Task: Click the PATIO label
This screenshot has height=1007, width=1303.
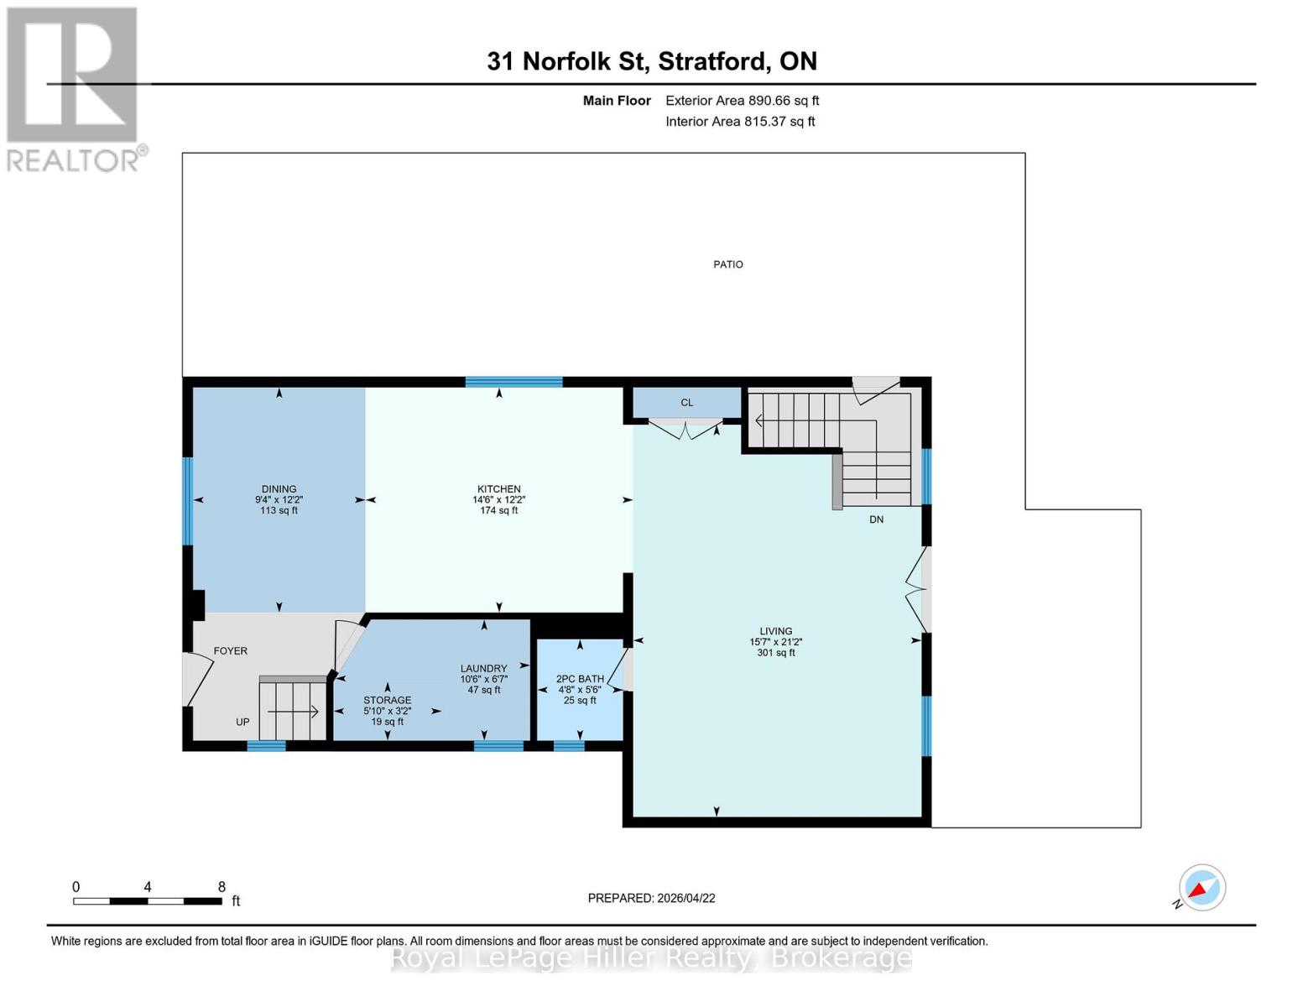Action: [727, 264]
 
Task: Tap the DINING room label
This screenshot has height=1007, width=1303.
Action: [279, 489]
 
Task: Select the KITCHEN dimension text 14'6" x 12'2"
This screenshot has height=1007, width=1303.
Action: [498, 500]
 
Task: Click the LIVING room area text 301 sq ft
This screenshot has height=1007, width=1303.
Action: [775, 653]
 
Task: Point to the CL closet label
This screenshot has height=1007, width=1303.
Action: [686, 403]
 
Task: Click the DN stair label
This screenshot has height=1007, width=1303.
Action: [876, 519]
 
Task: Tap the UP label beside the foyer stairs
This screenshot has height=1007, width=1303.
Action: [242, 722]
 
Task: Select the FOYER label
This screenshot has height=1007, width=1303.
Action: [230, 651]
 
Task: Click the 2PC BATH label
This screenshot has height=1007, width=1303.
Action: [580, 679]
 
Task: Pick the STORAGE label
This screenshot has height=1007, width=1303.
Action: [387, 700]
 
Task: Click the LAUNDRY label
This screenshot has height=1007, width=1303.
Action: [483, 669]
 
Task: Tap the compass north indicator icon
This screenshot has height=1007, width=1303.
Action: [1201, 888]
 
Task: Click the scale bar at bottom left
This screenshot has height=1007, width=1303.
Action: [148, 901]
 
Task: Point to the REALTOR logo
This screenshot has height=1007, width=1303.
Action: [74, 88]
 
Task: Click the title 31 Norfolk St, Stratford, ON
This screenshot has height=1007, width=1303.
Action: [652, 61]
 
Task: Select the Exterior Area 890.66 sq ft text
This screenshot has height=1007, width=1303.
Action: [742, 101]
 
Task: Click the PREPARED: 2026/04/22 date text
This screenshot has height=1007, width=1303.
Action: [651, 898]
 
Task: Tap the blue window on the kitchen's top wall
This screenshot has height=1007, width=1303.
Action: [513, 382]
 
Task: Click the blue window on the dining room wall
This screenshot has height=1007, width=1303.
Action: [188, 501]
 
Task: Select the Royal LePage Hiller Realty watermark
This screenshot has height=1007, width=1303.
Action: [651, 957]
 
